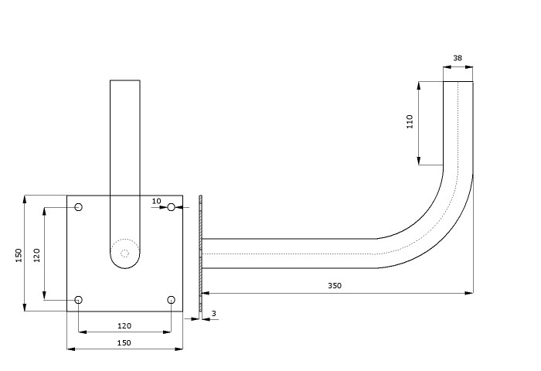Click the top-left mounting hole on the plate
pyautogui.click(x=79, y=207)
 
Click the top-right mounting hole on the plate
pyautogui.click(x=171, y=207)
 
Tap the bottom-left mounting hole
pyautogui.click(x=79, y=300)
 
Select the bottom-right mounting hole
pyautogui.click(x=171, y=300)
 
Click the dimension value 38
pyautogui.click(x=458, y=58)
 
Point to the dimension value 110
pyautogui.click(x=410, y=121)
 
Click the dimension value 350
pyautogui.click(x=335, y=286)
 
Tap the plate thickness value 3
pyautogui.click(x=214, y=313)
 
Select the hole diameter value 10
pyautogui.click(x=156, y=201)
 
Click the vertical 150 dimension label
pyautogui.click(x=19, y=255)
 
